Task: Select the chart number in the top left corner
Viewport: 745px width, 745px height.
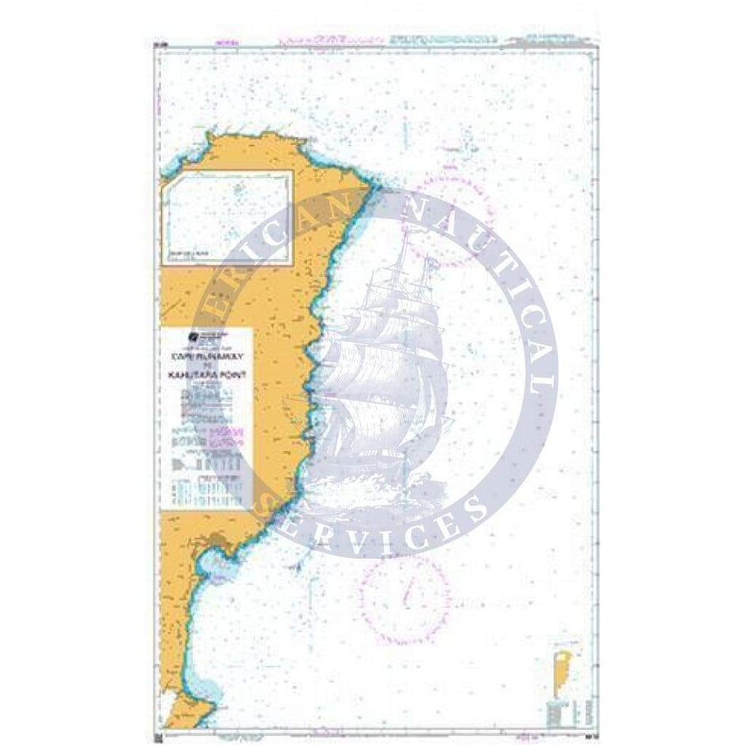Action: coord(160,44)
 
